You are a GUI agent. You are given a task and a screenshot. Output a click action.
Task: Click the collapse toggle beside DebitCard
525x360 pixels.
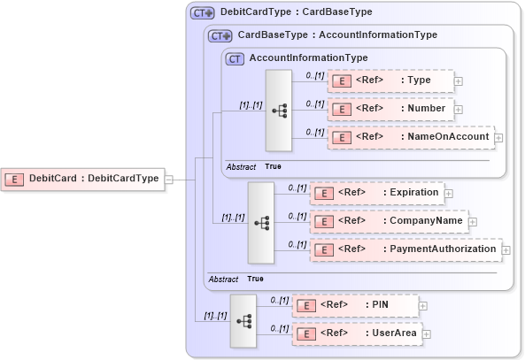click(168, 179)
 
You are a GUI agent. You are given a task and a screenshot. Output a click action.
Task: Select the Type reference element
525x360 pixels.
click(390, 80)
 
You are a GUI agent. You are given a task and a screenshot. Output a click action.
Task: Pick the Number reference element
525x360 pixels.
click(390, 109)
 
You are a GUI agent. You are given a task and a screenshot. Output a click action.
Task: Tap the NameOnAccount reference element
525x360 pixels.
click(410, 137)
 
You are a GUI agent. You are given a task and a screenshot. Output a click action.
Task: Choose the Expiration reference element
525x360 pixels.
click(375, 192)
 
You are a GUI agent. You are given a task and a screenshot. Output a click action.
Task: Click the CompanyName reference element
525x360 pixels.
click(388, 220)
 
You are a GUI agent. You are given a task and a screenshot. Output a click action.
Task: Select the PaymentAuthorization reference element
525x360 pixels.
click(405, 249)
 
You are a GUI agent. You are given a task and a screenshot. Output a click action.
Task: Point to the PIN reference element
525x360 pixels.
click(354, 305)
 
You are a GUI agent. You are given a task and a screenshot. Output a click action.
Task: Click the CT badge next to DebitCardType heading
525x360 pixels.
click(203, 13)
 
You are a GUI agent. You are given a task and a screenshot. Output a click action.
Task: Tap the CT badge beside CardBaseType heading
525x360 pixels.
click(220, 35)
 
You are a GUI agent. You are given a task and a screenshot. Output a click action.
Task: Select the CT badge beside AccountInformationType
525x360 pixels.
click(235, 58)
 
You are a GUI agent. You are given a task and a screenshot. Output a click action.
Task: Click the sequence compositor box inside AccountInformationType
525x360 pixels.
click(279, 110)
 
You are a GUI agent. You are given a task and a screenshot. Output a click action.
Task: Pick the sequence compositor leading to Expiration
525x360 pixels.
click(261, 222)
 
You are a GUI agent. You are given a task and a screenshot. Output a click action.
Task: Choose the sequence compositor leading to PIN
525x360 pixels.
click(243, 320)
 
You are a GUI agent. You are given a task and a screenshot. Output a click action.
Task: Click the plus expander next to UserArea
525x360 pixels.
click(427, 334)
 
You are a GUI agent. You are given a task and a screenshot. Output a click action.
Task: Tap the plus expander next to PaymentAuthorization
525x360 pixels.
click(506, 250)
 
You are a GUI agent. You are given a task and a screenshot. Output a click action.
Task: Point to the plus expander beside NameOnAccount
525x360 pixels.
click(498, 138)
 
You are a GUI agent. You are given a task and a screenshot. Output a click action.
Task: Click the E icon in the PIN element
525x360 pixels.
click(305, 306)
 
